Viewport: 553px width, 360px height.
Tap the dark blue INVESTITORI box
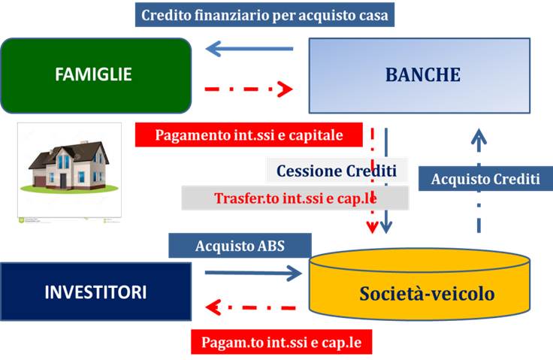click(x=95, y=292)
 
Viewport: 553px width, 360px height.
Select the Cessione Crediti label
click(x=336, y=171)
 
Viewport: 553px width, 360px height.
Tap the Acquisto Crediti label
click(x=485, y=180)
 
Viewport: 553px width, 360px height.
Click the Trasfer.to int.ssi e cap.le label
click(x=295, y=198)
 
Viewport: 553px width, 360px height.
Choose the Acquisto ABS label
click(x=240, y=245)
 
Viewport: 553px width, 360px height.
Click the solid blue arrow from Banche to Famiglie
click(x=249, y=50)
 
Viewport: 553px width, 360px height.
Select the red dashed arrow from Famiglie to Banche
click(x=249, y=90)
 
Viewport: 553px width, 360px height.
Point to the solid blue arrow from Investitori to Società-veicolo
click(x=252, y=274)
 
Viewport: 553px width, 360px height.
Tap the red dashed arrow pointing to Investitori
click(x=256, y=307)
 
